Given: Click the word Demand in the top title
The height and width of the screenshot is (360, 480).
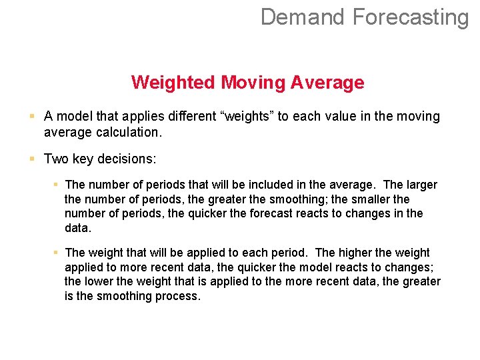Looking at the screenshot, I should pyautogui.click(x=303, y=17).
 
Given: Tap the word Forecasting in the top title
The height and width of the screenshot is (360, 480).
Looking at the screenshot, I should pyautogui.click(x=411, y=17).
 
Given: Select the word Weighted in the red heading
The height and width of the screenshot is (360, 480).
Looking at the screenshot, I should pyautogui.click(x=173, y=83).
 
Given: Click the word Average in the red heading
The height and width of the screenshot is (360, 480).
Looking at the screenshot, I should pyautogui.click(x=327, y=83).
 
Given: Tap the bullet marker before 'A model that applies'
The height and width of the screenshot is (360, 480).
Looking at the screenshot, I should pyautogui.click(x=32, y=116).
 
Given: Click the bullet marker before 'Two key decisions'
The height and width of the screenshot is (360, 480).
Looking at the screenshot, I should pyautogui.click(x=32, y=159).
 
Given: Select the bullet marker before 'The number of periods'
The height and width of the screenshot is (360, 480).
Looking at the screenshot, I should pyautogui.click(x=56, y=184).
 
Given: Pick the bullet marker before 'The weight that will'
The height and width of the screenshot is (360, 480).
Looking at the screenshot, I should pyautogui.click(x=56, y=252).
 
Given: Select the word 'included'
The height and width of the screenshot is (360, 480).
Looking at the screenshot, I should pyautogui.click(x=256, y=185).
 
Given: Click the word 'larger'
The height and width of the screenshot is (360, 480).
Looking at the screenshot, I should pyautogui.click(x=422, y=185).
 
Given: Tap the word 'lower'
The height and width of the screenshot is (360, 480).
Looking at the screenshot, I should pyautogui.click(x=99, y=281).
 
